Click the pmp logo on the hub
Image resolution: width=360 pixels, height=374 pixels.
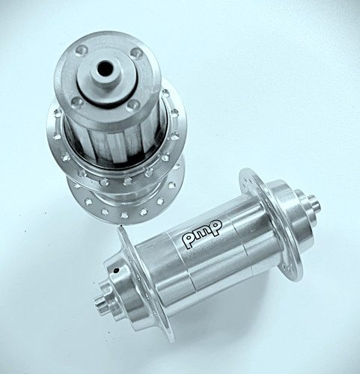pyautogui.click(x=202, y=233)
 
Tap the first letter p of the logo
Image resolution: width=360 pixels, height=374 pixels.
pyautogui.click(x=189, y=240)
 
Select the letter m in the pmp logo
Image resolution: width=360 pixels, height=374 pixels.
pyautogui.click(x=203, y=233)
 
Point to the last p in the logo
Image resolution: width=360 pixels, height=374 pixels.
pyautogui.click(x=216, y=227)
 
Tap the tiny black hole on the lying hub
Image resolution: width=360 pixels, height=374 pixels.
pyautogui.click(x=115, y=270)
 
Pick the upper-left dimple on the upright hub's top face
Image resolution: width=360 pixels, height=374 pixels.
pyautogui.click(x=80, y=50)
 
